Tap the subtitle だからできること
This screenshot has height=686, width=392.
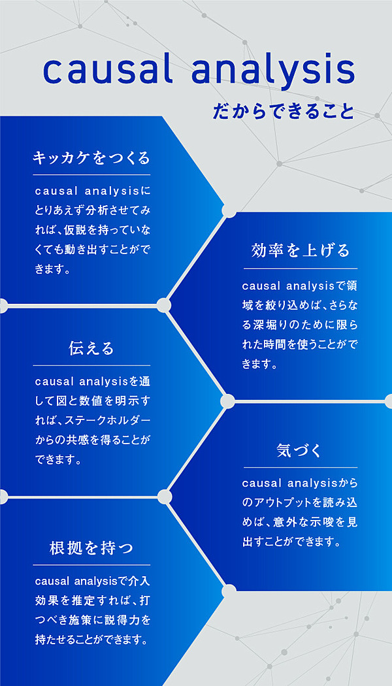284,111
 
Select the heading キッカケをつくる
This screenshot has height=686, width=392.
91,158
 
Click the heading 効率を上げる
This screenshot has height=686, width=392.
301,251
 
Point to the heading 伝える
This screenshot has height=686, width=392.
91,348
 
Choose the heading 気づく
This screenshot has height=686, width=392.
300,450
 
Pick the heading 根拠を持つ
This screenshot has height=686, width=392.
91,548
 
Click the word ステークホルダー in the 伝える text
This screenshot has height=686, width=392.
108,421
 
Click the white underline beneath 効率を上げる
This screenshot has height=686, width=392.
301,269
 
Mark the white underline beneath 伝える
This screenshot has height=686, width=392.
91,365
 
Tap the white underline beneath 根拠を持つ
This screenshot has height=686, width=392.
91,565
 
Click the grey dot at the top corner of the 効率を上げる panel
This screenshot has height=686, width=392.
229,210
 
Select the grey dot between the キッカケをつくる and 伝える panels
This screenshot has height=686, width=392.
163,305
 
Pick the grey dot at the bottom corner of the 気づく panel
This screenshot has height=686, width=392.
229,591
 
